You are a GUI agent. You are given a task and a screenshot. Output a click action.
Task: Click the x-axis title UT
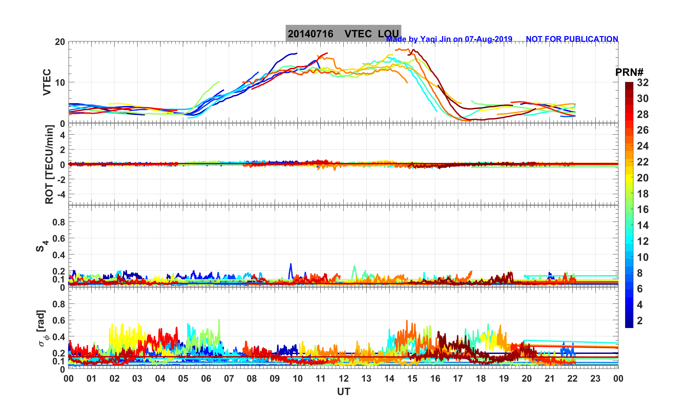[x=343, y=392]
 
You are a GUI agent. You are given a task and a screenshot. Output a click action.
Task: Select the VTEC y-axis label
[x=47, y=82]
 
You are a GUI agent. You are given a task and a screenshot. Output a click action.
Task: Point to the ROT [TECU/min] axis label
[x=49, y=165]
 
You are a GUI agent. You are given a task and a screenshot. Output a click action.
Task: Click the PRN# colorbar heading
[x=629, y=72]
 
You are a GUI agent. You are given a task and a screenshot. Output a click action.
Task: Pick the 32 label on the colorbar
[x=643, y=83]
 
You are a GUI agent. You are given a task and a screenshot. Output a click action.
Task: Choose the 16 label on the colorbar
[x=643, y=209]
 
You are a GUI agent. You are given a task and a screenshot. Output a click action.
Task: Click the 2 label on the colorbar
[x=639, y=320]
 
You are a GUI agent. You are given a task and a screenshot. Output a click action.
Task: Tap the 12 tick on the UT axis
[x=343, y=379]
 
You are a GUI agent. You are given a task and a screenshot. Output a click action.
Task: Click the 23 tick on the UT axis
[x=595, y=379]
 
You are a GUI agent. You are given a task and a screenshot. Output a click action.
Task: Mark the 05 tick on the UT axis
[x=183, y=379]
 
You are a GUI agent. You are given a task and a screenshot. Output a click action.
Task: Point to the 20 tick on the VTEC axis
[x=60, y=42]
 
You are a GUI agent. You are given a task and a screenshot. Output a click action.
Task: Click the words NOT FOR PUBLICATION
[x=572, y=39]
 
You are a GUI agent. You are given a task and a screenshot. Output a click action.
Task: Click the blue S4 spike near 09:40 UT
[x=290, y=265]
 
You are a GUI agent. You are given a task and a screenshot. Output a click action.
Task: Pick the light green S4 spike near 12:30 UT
[x=354, y=267]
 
